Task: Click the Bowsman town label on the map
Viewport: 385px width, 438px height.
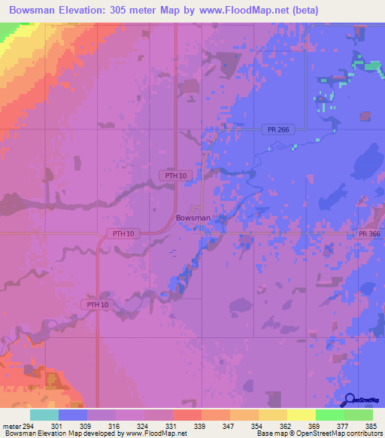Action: [192, 218]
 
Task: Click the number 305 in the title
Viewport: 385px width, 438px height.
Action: [141, 11]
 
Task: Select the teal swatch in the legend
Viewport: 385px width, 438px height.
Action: [44, 415]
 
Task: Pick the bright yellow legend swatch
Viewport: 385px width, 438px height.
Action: [301, 415]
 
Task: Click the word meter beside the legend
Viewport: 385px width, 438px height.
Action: [11, 426]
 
